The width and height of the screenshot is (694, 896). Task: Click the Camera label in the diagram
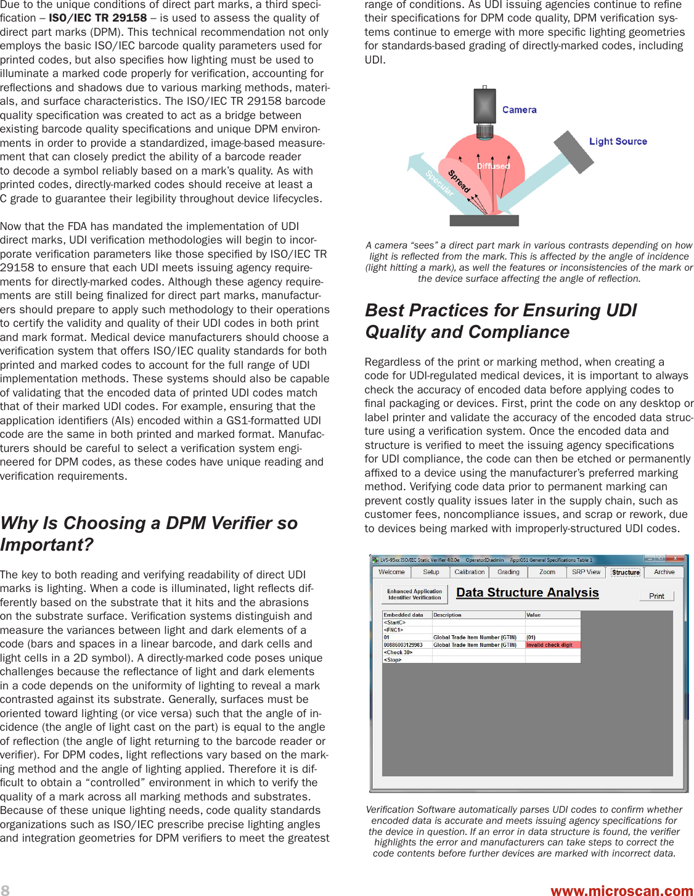[519, 110]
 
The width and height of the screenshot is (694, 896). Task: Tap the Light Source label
[618, 141]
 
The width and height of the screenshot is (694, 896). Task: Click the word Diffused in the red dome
[493, 166]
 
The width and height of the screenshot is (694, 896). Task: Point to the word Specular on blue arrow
[439, 183]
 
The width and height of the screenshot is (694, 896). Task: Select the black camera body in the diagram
[485, 106]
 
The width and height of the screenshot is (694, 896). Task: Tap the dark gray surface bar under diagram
[484, 220]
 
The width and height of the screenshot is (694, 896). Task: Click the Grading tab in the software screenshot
[508, 572]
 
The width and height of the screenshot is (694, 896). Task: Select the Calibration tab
[469, 572]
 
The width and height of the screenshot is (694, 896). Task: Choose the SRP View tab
[586, 572]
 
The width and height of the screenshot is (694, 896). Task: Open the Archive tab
[664, 572]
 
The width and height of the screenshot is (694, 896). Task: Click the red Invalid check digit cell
[552, 645]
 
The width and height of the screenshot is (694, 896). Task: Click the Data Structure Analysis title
[527, 593]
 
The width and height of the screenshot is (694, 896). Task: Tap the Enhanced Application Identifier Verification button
[414, 594]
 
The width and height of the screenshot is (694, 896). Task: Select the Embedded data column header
[404, 615]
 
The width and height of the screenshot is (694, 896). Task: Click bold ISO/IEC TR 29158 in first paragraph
[98, 18]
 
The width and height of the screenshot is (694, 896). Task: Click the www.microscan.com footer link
[621, 890]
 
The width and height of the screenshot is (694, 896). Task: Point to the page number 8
[5, 889]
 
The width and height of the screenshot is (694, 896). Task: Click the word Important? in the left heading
[47, 545]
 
